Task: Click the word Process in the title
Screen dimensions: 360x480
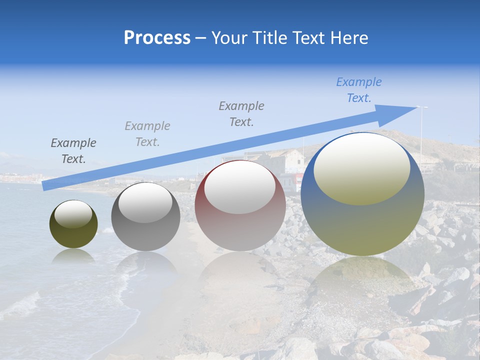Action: [157, 38]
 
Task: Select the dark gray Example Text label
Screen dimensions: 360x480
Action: [73, 151]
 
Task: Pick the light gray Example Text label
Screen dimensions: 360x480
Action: [147, 134]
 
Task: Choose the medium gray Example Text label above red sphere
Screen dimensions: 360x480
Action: [241, 114]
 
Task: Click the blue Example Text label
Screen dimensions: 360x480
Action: [359, 90]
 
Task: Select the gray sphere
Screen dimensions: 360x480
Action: [145, 235]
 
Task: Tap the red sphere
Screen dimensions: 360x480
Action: [240, 230]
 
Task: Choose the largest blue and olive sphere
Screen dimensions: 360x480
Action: [362, 225]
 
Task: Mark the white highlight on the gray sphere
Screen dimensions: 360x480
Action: [145, 203]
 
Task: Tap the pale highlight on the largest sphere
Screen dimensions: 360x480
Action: [362, 167]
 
